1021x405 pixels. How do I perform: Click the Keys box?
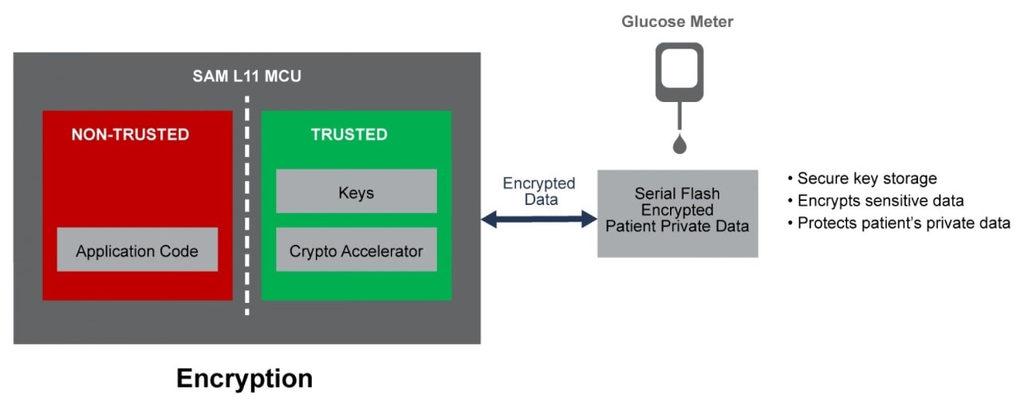coord(356,191)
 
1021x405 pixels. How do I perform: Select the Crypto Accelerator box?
coord(356,250)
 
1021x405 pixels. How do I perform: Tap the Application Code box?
coord(137,250)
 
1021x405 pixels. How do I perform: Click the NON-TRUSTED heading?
coord(130,135)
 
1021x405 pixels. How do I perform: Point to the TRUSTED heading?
coord(349,135)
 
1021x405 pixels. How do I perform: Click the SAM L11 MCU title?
coord(246,77)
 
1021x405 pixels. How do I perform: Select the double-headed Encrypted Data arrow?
coord(538,218)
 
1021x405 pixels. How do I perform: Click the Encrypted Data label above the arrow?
coord(538,191)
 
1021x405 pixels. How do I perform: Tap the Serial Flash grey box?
coord(677,213)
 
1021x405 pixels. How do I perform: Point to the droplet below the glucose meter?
coord(679,144)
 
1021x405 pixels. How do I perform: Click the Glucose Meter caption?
coord(677,22)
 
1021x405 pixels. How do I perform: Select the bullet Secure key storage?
coord(861,179)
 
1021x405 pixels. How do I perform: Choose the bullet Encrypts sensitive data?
coord(875,201)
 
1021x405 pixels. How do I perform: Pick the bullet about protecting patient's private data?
coord(898,223)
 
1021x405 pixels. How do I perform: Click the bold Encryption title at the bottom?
coord(244,377)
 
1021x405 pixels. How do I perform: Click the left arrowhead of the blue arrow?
coord(489,218)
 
